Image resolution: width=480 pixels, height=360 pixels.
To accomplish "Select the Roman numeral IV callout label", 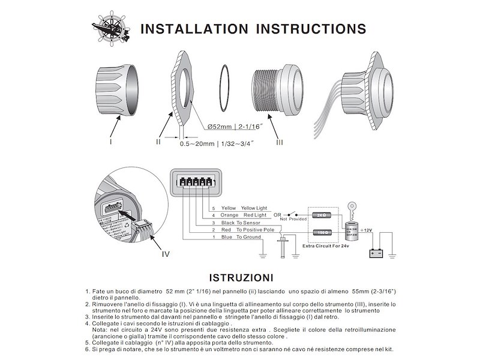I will pyautogui.click(x=166, y=253).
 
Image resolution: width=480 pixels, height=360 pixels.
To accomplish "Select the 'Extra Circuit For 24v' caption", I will pyautogui.click(x=326, y=246).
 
